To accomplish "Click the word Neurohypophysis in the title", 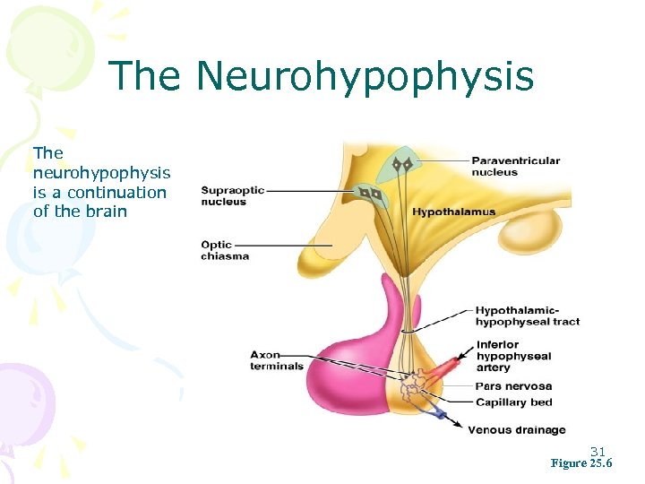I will pyautogui.click(x=365, y=77).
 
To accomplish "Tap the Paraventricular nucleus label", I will pyautogui.click(x=516, y=167).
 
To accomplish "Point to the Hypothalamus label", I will pyautogui.click(x=454, y=212).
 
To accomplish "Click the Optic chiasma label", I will pyautogui.click(x=225, y=250).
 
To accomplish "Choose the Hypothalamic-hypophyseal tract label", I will pyautogui.click(x=527, y=315).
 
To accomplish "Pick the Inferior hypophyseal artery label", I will pyautogui.click(x=513, y=356).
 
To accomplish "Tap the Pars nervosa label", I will pyautogui.click(x=513, y=386).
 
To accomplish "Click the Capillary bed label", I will pyautogui.click(x=513, y=402).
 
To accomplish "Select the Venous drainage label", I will pyautogui.click(x=517, y=430).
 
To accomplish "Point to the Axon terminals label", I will pyautogui.click(x=277, y=360).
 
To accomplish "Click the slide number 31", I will pyautogui.click(x=598, y=451).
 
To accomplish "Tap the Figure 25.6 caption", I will pyautogui.click(x=581, y=463).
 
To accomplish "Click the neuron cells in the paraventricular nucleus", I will pyautogui.click(x=400, y=165).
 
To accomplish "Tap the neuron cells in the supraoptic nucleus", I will pyautogui.click(x=371, y=194).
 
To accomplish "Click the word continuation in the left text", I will pyautogui.click(x=116, y=192).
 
